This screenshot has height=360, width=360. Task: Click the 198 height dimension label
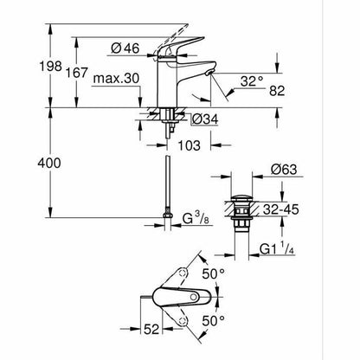50,67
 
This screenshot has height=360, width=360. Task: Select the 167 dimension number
76,73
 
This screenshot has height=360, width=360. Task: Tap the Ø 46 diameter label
125,48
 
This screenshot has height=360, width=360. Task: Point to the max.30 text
116,78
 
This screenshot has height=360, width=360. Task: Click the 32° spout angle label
252,81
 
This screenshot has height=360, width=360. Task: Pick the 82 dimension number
277,91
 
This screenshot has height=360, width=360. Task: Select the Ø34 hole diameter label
205,119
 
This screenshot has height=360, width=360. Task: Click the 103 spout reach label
189,145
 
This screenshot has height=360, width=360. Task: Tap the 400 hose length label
49,164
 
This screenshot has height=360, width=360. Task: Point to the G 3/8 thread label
197,218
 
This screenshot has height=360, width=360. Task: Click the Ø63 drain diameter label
284,170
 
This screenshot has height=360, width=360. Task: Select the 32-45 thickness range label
281,209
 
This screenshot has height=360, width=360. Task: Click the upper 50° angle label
214,273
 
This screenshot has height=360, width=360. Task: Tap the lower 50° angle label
214,321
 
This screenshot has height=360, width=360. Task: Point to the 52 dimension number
151,329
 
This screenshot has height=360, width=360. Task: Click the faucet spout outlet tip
209,73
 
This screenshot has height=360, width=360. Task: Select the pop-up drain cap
241,198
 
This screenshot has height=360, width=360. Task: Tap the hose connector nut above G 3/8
168,215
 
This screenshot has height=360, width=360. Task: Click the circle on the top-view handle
194,296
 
